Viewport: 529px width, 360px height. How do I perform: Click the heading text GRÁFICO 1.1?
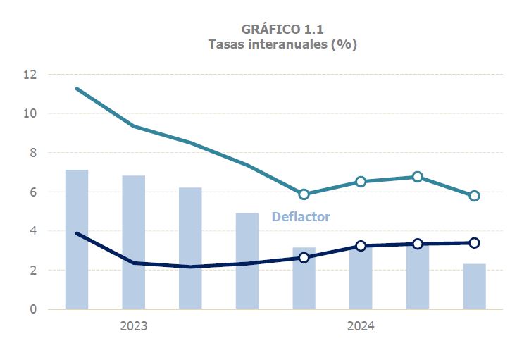(282, 29)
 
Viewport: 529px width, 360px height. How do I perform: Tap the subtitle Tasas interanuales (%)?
(282, 44)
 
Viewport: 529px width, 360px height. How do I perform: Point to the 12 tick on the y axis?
(30, 74)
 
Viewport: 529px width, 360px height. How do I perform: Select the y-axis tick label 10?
(30, 113)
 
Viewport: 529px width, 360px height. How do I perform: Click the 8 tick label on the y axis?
(32, 153)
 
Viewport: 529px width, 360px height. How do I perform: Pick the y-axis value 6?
(32, 192)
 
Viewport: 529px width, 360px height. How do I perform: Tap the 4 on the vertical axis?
(32, 231)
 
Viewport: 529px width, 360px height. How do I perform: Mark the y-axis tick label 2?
(32, 270)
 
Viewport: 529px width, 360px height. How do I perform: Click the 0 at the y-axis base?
(32, 309)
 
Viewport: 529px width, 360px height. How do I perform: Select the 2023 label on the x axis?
(133, 326)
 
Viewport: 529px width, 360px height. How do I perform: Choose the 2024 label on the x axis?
(361, 326)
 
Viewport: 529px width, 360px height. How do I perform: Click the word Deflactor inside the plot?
(301, 217)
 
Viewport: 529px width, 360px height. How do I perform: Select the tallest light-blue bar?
(77, 240)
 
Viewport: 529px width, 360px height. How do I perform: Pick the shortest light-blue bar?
(474, 286)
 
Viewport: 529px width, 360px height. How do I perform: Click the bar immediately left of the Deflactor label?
(247, 261)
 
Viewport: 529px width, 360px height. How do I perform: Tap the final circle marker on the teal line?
(474, 196)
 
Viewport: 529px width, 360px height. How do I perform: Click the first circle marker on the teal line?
(304, 194)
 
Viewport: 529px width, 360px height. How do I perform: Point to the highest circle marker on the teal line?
(418, 177)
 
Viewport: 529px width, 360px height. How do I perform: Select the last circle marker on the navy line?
(474, 243)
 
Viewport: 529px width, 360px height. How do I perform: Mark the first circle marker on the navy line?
(304, 258)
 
